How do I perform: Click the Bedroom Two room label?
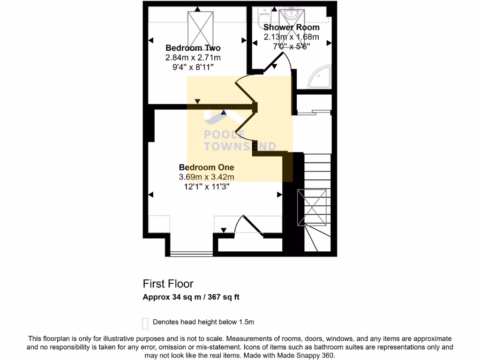tap(193, 48)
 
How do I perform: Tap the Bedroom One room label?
tap(206, 167)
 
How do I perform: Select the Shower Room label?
tap(291, 28)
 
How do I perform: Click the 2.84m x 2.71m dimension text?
tap(193, 58)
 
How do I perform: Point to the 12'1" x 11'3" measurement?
tap(206, 186)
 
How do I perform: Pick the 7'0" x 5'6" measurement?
tap(291, 46)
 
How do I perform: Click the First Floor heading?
tap(168, 284)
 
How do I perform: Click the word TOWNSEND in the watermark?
tap(240, 147)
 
